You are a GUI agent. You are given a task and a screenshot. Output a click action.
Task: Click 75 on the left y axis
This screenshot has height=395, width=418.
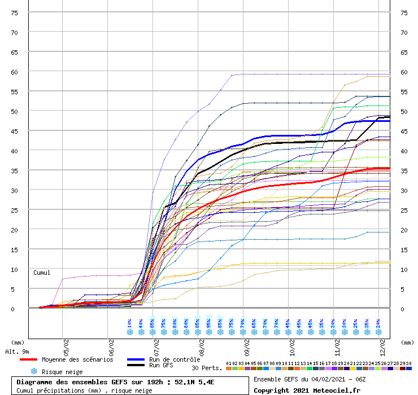[x=15, y=13]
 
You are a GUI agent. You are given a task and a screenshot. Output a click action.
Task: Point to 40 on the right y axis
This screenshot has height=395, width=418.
[x=404, y=151]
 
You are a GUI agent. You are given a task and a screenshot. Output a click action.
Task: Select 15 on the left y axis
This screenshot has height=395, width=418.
[x=15, y=250]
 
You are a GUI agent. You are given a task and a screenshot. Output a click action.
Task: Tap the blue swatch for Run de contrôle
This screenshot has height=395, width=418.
[x=136, y=359]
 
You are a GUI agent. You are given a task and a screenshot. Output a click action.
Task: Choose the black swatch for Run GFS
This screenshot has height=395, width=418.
[x=136, y=366]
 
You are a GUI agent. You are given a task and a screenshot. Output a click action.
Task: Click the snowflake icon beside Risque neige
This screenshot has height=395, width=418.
[x=34, y=372]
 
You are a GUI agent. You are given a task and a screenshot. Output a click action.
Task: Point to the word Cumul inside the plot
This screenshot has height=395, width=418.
[x=42, y=273]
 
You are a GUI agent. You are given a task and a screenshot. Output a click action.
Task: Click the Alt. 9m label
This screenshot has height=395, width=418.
[x=18, y=352]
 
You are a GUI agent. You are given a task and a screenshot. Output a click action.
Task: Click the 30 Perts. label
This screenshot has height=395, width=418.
[x=207, y=368]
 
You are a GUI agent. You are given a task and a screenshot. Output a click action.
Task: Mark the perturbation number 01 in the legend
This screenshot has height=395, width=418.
[x=228, y=364]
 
